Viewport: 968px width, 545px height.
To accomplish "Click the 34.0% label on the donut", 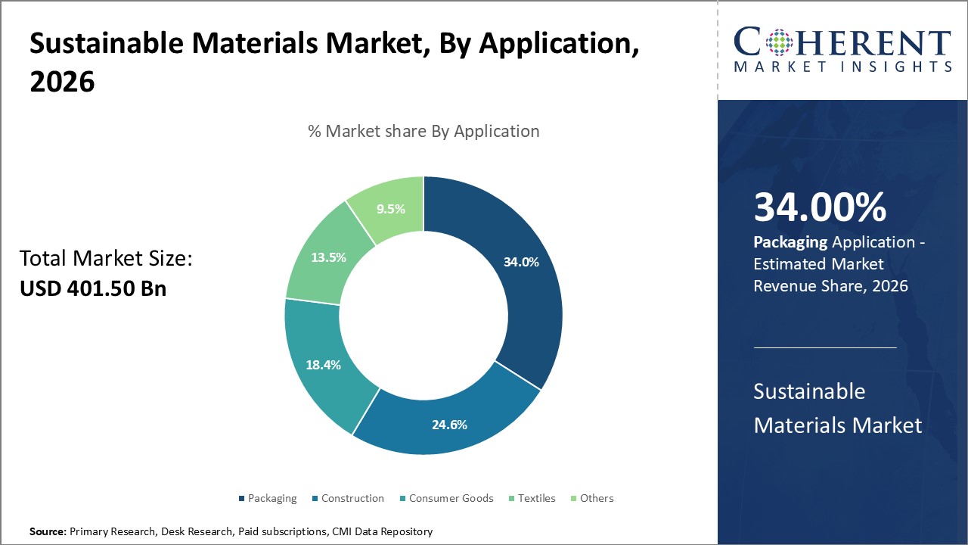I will pyautogui.click(x=521, y=263).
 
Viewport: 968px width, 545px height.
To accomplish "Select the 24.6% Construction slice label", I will pyautogui.click(x=449, y=425).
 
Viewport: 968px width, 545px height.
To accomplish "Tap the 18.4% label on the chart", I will pyautogui.click(x=323, y=365).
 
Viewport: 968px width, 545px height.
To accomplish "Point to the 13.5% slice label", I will pyautogui.click(x=328, y=257).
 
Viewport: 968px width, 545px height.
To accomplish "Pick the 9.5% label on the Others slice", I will pyautogui.click(x=392, y=209).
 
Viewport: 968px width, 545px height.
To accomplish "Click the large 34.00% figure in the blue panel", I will pyautogui.click(x=820, y=207).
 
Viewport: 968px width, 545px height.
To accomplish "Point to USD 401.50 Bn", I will pyautogui.click(x=93, y=288).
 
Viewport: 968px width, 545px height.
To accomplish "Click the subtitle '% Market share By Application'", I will pyautogui.click(x=423, y=131).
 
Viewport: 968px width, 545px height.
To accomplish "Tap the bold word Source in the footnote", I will pyautogui.click(x=48, y=532).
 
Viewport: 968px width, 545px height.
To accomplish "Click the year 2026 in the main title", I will pyautogui.click(x=62, y=82).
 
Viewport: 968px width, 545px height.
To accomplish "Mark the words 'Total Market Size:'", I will pyautogui.click(x=107, y=259).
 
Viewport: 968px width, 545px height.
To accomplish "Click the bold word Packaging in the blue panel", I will pyautogui.click(x=790, y=242).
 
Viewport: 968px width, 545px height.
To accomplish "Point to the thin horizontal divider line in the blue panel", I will pyautogui.click(x=825, y=347).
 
